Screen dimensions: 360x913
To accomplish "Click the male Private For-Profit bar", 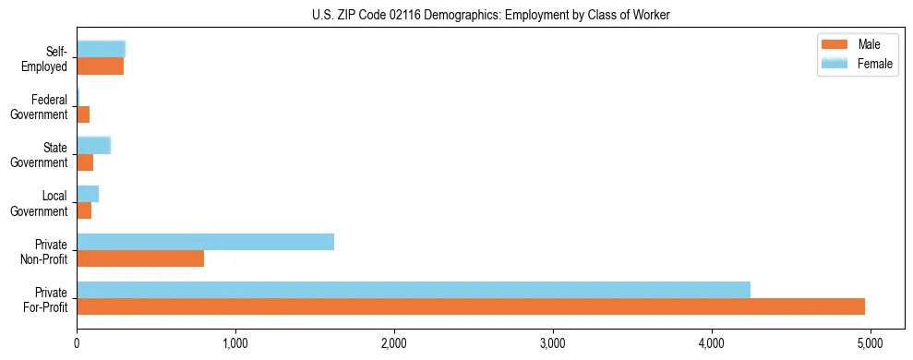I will coord(471,306).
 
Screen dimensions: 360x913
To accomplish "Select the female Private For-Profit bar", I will coord(414,290).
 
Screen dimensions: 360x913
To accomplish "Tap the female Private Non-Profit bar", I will coord(205,242).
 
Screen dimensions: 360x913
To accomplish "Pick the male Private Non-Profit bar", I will coord(140,258).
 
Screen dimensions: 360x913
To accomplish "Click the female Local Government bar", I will coord(88,194).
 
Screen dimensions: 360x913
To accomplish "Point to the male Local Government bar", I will coord(84,210).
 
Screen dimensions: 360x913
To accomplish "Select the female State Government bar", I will coord(93,145).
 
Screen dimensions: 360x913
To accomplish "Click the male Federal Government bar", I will coord(83,114).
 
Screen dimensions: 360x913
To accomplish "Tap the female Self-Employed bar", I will coord(101,49).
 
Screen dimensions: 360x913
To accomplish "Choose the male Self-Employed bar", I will coord(100,66).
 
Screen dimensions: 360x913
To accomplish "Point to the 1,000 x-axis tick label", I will coord(235,344).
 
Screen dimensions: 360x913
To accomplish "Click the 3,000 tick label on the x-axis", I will coord(553,344).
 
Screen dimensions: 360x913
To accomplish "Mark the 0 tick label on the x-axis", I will coord(77,344).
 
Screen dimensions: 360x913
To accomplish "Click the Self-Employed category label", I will coord(47,59).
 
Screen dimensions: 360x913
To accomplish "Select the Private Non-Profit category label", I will coord(45,251).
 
